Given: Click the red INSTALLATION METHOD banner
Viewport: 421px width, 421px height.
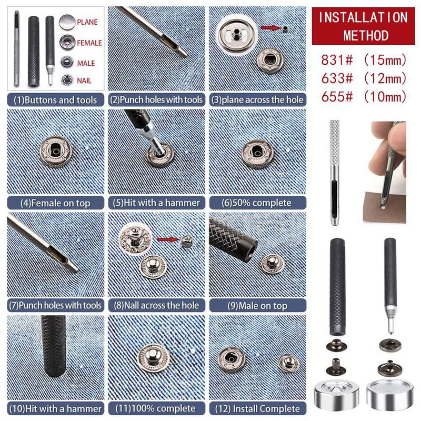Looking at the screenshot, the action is (x=363, y=26).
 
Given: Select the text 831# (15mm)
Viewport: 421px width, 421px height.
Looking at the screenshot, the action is (x=364, y=59).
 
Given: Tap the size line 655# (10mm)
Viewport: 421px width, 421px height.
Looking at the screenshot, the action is (x=364, y=97).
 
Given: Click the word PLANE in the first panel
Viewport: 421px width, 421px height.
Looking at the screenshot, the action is (x=87, y=22).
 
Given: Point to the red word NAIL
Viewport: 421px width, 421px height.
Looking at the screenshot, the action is (x=84, y=81).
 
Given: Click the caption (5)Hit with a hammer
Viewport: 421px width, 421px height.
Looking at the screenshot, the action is (x=156, y=203).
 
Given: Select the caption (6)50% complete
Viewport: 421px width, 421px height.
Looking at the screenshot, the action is (x=257, y=203).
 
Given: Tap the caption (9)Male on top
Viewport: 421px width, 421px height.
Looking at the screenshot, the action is (x=257, y=306).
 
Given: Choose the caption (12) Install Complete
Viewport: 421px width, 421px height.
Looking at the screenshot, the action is (x=257, y=409).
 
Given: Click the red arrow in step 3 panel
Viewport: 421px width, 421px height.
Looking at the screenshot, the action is (x=270, y=27).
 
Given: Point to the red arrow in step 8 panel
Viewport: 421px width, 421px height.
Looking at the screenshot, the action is (x=168, y=239).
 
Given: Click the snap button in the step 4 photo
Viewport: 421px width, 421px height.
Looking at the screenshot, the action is (x=56, y=152).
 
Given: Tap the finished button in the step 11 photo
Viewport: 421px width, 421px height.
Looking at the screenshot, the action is (x=154, y=358).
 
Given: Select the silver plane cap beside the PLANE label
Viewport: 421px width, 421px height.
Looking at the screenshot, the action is (x=67, y=22).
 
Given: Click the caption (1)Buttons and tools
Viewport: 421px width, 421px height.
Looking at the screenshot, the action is (x=55, y=100).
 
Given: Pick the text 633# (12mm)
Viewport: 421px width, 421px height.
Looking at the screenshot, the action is (x=364, y=78).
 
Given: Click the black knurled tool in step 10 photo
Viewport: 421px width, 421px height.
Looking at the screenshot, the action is (x=54, y=346).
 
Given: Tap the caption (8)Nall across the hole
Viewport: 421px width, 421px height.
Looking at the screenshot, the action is (x=156, y=306).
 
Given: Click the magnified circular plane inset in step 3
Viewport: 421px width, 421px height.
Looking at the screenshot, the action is (x=236, y=34).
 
